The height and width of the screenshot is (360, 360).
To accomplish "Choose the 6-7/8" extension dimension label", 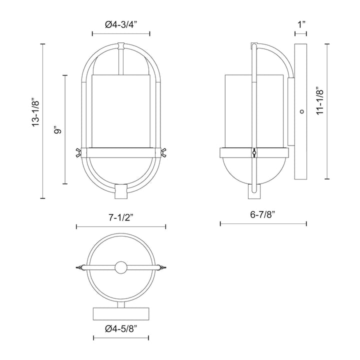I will [x=263, y=213].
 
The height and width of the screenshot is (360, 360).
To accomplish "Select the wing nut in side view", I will [x=254, y=153].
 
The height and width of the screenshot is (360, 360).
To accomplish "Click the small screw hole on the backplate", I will [x=301, y=112].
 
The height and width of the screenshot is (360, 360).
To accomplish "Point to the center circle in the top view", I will [x=120, y=267].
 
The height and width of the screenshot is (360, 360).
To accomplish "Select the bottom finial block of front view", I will [x=121, y=190].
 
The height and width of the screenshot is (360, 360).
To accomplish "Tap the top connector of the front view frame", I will [x=120, y=46].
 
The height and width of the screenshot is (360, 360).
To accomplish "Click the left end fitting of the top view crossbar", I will [x=79, y=267].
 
